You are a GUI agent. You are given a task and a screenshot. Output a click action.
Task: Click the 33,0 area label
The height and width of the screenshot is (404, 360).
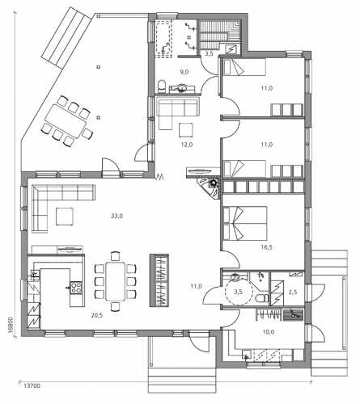116,216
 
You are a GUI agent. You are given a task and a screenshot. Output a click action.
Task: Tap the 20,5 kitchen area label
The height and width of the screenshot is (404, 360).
97,316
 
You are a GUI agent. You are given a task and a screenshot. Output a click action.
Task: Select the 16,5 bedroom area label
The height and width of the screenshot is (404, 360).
266,247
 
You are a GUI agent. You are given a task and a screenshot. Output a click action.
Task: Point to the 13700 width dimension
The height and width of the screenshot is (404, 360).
32,386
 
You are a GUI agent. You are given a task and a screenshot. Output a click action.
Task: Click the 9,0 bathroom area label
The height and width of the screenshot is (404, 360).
184,72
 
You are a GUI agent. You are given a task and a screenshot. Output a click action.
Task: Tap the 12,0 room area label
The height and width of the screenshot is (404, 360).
187,145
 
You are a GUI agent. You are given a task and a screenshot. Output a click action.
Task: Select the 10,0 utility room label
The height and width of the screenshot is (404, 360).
269,332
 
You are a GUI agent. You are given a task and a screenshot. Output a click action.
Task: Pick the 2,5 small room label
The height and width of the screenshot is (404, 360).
293,292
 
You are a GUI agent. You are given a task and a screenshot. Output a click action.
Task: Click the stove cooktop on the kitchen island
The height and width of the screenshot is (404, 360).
76,287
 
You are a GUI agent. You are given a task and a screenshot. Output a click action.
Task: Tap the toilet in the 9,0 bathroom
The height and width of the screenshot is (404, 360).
162,85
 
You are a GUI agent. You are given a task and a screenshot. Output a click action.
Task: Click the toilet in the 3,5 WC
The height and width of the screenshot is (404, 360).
261,298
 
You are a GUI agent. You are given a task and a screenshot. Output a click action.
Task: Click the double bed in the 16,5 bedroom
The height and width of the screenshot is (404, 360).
245,223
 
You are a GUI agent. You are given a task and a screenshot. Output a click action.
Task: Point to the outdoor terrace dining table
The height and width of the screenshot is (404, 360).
66,121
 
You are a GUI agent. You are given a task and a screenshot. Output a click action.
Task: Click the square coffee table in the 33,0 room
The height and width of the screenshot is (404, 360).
65,217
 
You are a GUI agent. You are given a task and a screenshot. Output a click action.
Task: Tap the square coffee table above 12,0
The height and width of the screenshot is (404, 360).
186,129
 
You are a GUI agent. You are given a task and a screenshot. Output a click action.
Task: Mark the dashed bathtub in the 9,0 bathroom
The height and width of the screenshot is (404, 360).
163,40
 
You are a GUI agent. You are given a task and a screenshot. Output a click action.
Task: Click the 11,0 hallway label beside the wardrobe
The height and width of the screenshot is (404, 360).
196,286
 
